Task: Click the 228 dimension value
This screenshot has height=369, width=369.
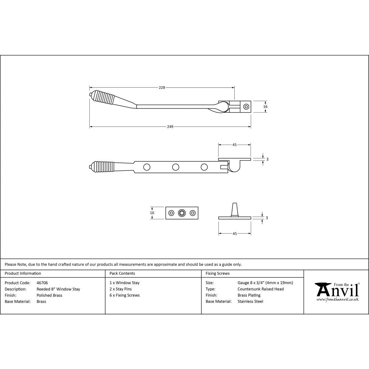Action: pyautogui.click(x=162, y=87)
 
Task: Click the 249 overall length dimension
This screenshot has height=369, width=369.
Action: pyautogui.click(x=170, y=127)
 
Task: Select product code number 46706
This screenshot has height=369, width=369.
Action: pyautogui.click(x=42, y=283)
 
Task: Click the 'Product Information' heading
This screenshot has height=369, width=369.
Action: pyautogui.click(x=23, y=273)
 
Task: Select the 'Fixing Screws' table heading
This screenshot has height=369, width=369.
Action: pyautogui.click(x=218, y=273)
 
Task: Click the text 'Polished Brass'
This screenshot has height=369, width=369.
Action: pyautogui.click(x=49, y=295)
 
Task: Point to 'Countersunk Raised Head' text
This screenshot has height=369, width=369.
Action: pyautogui.click(x=261, y=289)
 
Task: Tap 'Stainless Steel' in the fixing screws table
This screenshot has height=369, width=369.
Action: pyautogui.click(x=251, y=301)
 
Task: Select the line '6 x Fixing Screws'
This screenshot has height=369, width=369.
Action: pyautogui.click(x=125, y=295)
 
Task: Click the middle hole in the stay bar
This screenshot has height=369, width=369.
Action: pyautogui.click(x=175, y=167)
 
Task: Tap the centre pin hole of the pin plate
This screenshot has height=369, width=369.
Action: pyautogui.click(x=182, y=213)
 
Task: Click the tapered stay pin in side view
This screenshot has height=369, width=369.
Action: pyautogui.click(x=235, y=209)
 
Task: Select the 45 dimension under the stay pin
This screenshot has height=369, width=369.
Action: pyautogui.click(x=235, y=234)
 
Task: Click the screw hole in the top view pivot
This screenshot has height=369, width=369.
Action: pyautogui.click(x=246, y=107)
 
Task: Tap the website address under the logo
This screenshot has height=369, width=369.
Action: pyautogui.click(x=338, y=300)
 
